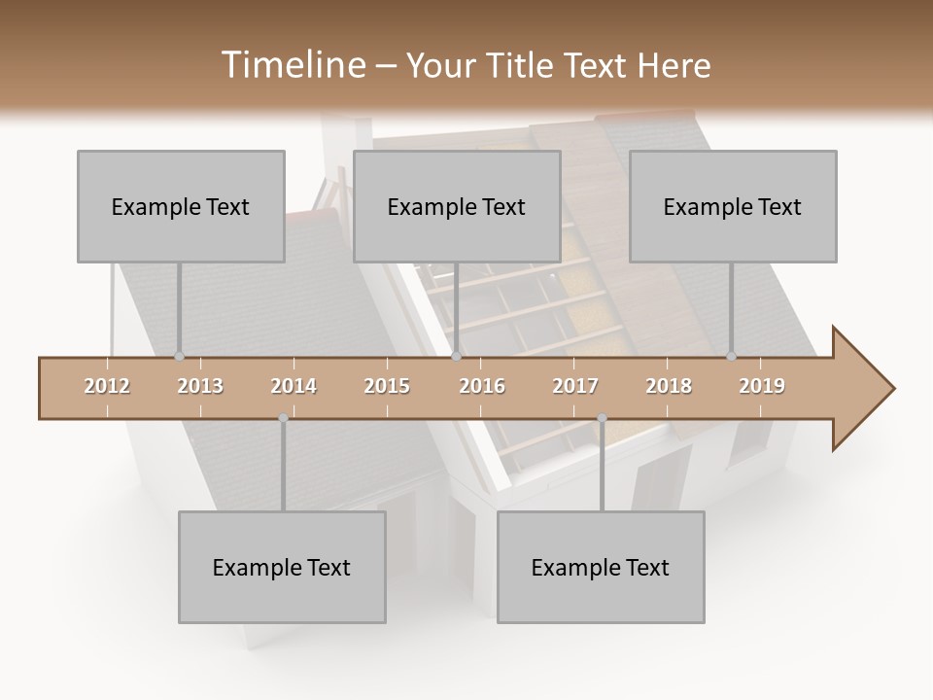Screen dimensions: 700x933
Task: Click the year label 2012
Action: [107, 386]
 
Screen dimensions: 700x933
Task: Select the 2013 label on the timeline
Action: [200, 386]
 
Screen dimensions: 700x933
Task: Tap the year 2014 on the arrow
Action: [294, 386]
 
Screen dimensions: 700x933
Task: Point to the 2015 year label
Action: [387, 386]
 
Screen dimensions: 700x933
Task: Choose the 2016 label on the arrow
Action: [482, 386]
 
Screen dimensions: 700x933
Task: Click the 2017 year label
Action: [575, 386]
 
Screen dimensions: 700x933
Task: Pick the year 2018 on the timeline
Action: [669, 386]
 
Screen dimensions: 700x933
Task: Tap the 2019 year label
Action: [762, 386]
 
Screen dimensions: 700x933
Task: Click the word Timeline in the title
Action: [291, 65]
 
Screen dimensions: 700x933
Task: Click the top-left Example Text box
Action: [181, 206]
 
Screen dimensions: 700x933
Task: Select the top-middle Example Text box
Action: [457, 206]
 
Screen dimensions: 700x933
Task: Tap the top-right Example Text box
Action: [733, 206]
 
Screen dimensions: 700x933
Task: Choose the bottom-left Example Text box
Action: [282, 567]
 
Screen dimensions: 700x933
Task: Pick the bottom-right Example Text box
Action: [601, 567]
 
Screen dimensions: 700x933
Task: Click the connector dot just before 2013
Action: [179, 357]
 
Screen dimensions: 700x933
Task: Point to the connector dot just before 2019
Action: [732, 357]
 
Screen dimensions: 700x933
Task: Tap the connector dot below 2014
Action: [283, 418]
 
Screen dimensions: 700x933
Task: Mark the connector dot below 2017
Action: [602, 418]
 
